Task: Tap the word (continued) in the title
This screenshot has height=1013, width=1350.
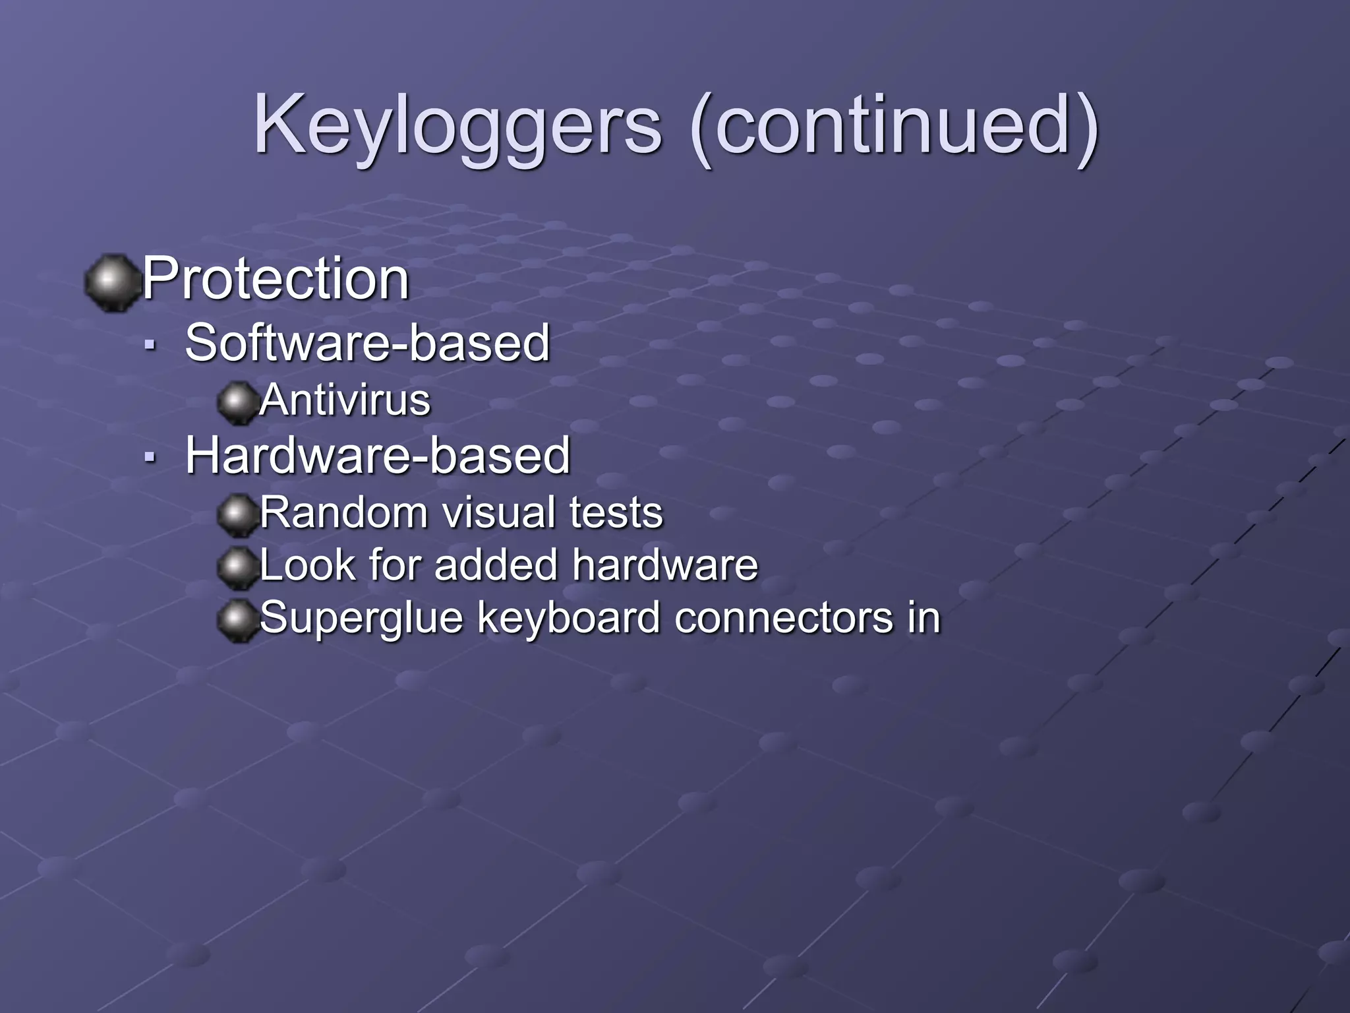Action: point(895,125)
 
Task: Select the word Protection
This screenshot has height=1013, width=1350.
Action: point(276,278)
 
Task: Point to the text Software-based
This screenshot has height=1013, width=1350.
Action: point(367,343)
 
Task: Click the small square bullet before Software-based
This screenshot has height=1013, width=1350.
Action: point(151,344)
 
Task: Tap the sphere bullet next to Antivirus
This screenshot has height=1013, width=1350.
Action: point(237,402)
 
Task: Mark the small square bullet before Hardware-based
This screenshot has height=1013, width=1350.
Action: point(151,456)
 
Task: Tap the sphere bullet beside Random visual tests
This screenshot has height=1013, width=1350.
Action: point(237,514)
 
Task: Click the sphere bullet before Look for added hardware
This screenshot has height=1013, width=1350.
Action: point(237,567)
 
